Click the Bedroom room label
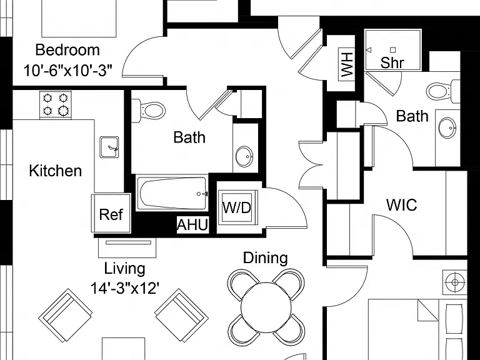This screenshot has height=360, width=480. click(67, 50)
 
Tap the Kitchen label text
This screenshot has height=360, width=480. click(56, 171)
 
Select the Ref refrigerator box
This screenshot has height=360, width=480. click(111, 213)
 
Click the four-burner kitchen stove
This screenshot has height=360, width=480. click(56, 104)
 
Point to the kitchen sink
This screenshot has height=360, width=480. click(109, 147)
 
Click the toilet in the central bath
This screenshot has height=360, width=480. click(149, 110)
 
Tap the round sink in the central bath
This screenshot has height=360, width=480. click(244, 156)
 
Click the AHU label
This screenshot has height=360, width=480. click(193, 225)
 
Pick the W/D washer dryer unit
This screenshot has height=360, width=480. click(237, 207)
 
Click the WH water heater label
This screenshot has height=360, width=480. click(346, 64)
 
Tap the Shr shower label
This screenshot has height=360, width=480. click(392, 62)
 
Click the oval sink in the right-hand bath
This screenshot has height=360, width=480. click(447, 127)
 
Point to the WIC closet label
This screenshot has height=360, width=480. click(402, 205)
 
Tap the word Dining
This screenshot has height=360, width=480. click(266, 257)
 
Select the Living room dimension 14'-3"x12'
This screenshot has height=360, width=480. click(124, 287)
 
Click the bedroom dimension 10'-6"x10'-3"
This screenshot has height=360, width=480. click(67, 71)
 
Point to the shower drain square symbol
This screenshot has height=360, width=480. click(393, 50)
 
